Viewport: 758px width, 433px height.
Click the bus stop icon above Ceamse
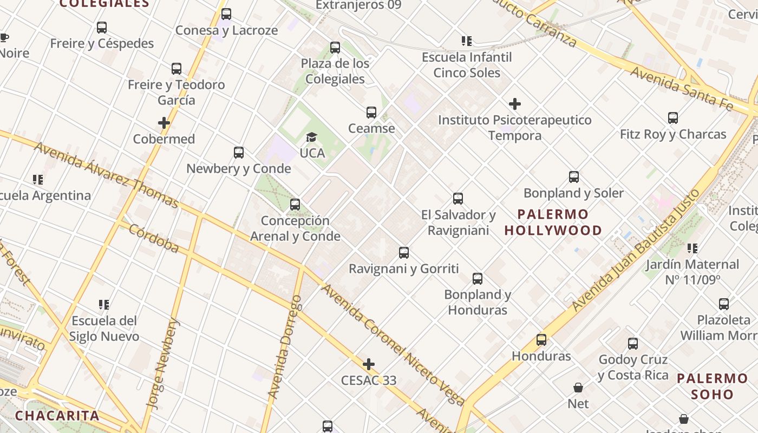371,113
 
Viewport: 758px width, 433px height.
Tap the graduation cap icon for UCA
312,137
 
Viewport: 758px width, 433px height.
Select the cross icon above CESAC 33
369,364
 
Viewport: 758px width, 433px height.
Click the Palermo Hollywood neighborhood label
553,222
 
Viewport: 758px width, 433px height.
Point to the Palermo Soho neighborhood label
712,386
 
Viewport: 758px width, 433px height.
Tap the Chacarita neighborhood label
57,416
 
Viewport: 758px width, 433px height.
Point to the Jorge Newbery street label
162,364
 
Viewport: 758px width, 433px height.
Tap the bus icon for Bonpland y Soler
574,177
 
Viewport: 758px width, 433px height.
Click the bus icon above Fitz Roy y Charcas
673,118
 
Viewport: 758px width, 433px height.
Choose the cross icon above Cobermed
164,123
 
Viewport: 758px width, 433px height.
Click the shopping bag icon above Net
578,388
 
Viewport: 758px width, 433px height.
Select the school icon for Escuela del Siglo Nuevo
104,305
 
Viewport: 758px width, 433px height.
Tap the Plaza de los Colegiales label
335,71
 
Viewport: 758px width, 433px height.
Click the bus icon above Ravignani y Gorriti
404,253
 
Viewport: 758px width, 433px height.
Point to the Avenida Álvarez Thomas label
106,175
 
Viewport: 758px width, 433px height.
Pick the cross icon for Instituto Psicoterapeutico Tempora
515,104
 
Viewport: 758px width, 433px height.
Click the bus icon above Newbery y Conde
239,153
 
